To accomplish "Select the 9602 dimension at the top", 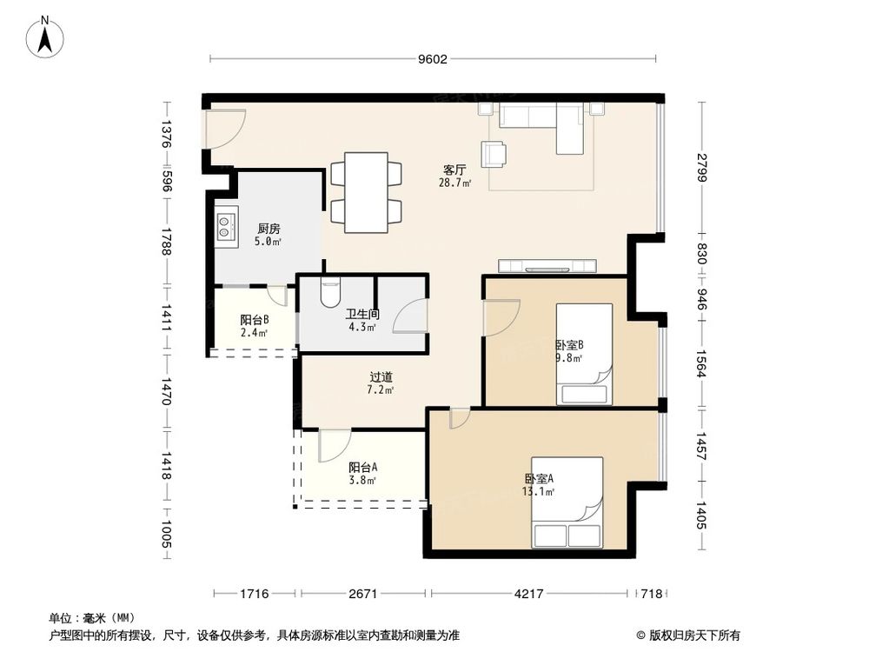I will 432,59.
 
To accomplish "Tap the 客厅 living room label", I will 454,170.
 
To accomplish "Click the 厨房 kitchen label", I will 269,229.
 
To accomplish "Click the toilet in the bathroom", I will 330,293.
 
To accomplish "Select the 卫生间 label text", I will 362,315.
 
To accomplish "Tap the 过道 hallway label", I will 381,377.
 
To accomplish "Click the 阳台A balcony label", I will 362,467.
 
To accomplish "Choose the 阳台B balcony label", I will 254,319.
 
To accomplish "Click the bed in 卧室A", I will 567,502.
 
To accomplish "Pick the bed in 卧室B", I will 584,354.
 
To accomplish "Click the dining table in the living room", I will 366,192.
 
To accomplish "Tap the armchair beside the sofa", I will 494,154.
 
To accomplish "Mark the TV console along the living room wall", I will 547,265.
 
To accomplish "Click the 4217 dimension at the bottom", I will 528,594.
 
